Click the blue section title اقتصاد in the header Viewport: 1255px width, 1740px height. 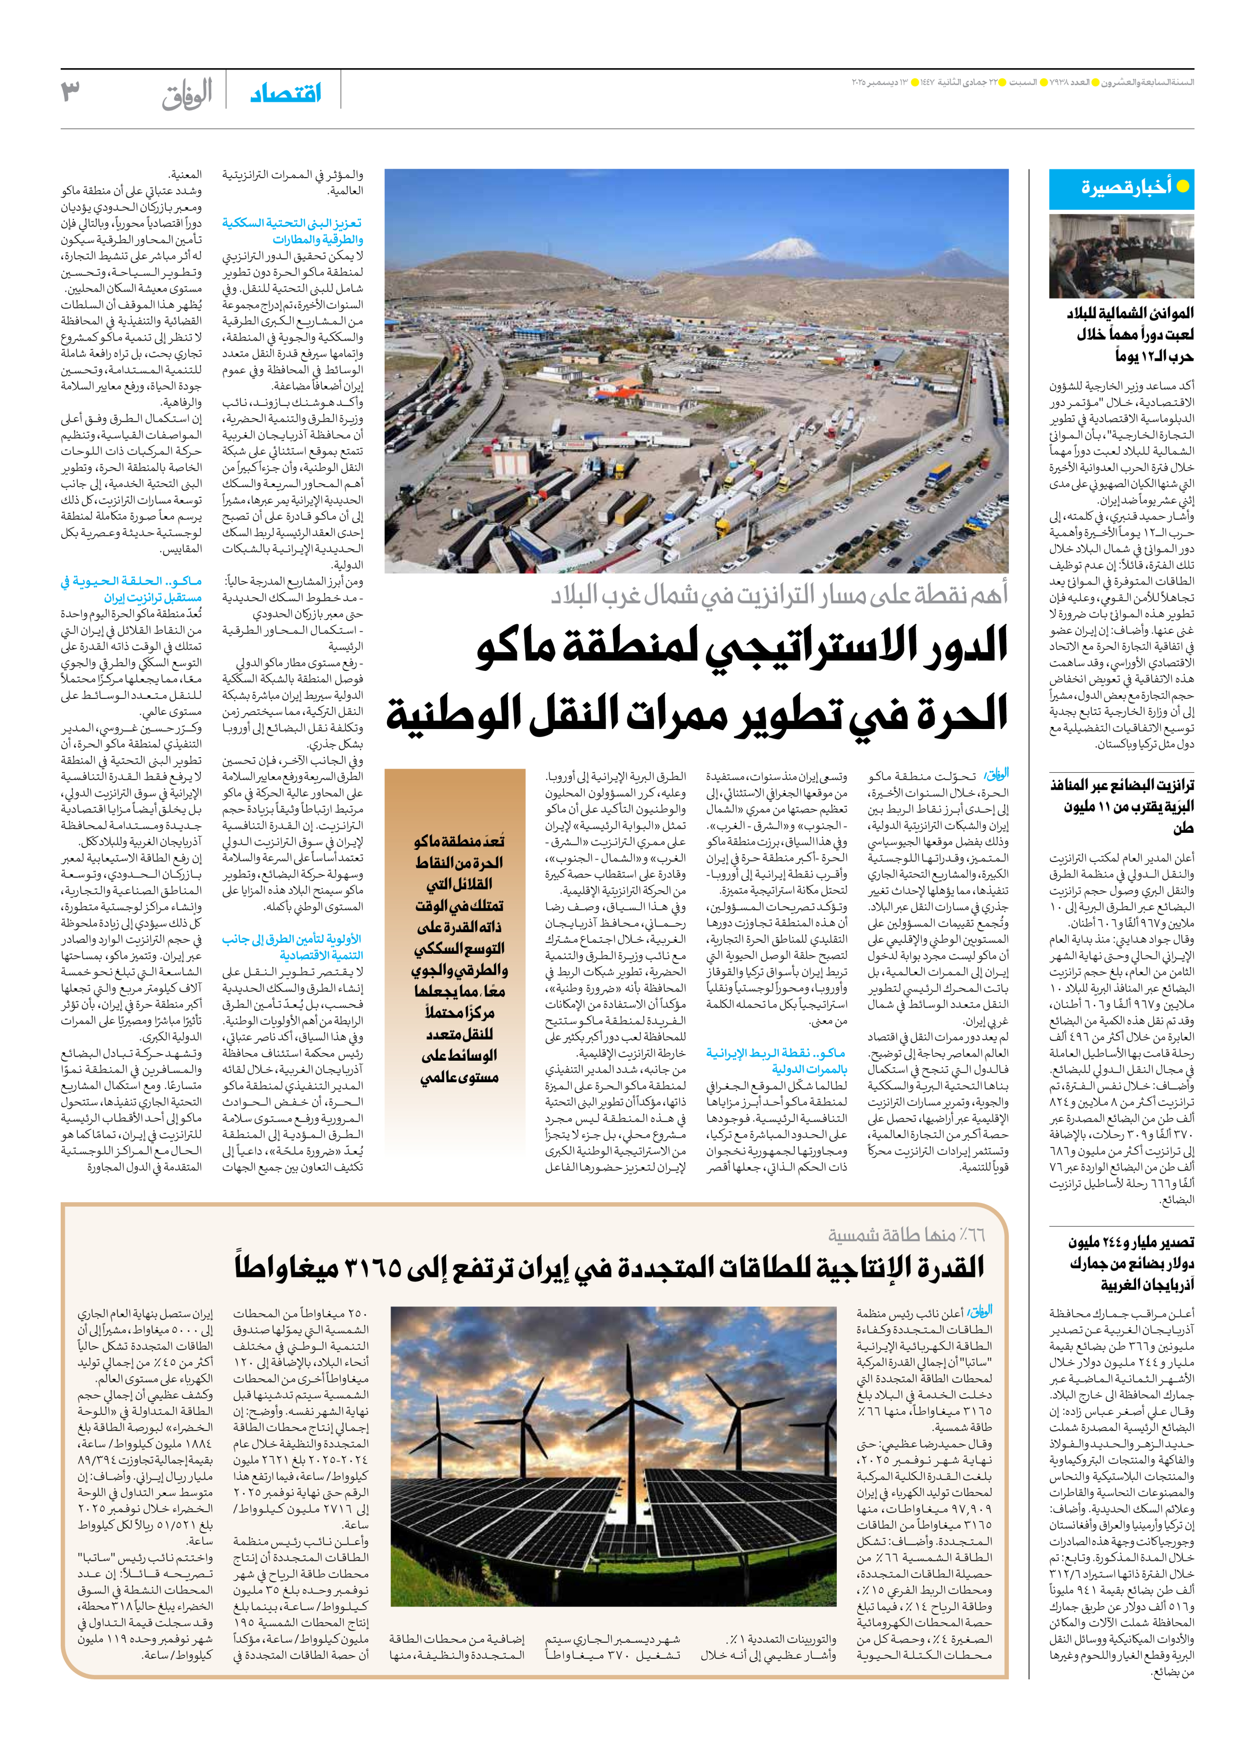[286, 94]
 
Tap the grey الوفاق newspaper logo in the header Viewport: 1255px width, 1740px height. [187, 94]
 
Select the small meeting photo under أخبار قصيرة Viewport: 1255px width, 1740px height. [1121, 256]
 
